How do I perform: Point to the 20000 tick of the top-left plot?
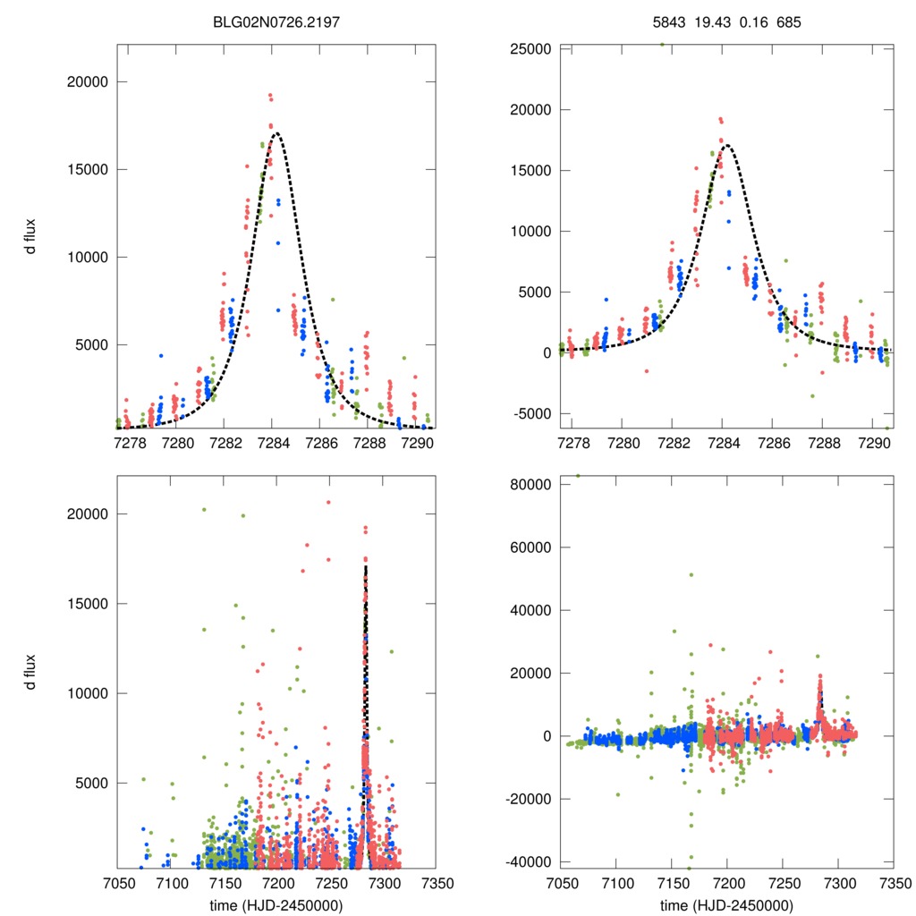(88, 81)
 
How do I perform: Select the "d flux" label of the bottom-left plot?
(30, 672)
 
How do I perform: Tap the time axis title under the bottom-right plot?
(726, 904)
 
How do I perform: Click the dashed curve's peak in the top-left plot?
(276, 134)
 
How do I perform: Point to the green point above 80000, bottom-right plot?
(578, 476)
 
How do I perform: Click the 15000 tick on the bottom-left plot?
(88, 604)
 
